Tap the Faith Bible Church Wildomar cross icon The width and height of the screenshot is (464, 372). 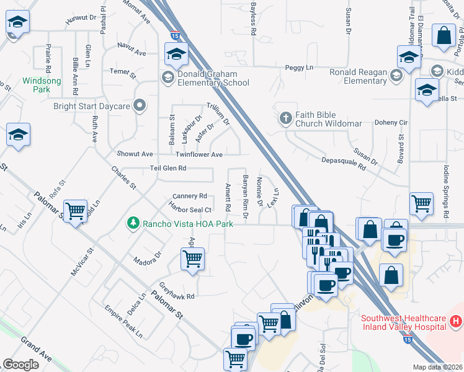[286, 117]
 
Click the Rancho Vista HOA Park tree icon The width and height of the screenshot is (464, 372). [132, 223]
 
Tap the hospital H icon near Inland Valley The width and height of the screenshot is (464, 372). [455, 322]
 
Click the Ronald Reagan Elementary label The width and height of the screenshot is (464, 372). [358, 76]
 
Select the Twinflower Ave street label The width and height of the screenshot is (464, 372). [199, 154]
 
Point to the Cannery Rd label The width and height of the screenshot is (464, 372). [190, 195]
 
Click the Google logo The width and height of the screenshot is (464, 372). [21, 365]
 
